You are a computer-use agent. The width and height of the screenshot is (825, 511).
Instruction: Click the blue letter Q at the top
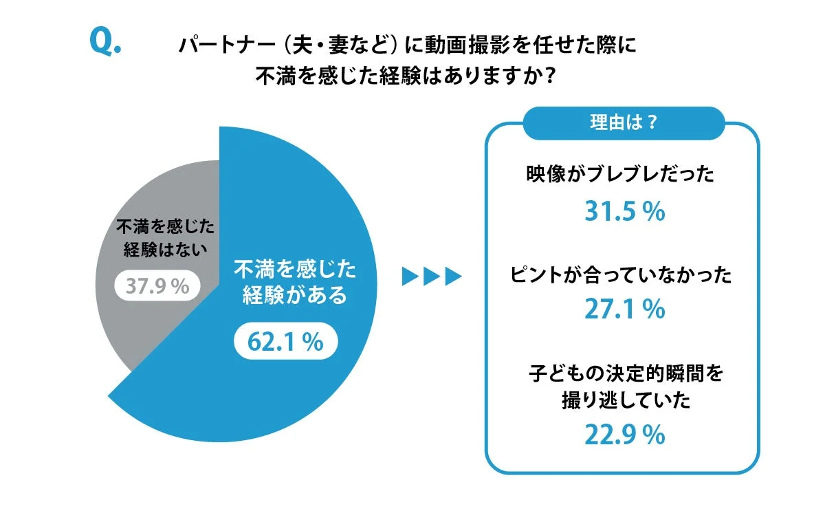[x=103, y=43]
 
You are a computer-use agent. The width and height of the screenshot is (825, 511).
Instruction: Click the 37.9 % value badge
[x=157, y=286]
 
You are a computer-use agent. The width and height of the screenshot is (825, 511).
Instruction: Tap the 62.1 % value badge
[x=286, y=342]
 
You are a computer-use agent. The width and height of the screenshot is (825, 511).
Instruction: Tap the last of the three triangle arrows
[x=452, y=276]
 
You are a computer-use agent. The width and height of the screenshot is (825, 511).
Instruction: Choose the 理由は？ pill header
[x=623, y=124]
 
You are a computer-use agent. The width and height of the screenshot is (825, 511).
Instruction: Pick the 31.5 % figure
[x=624, y=212]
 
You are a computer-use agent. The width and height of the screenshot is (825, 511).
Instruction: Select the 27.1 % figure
[x=624, y=310]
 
